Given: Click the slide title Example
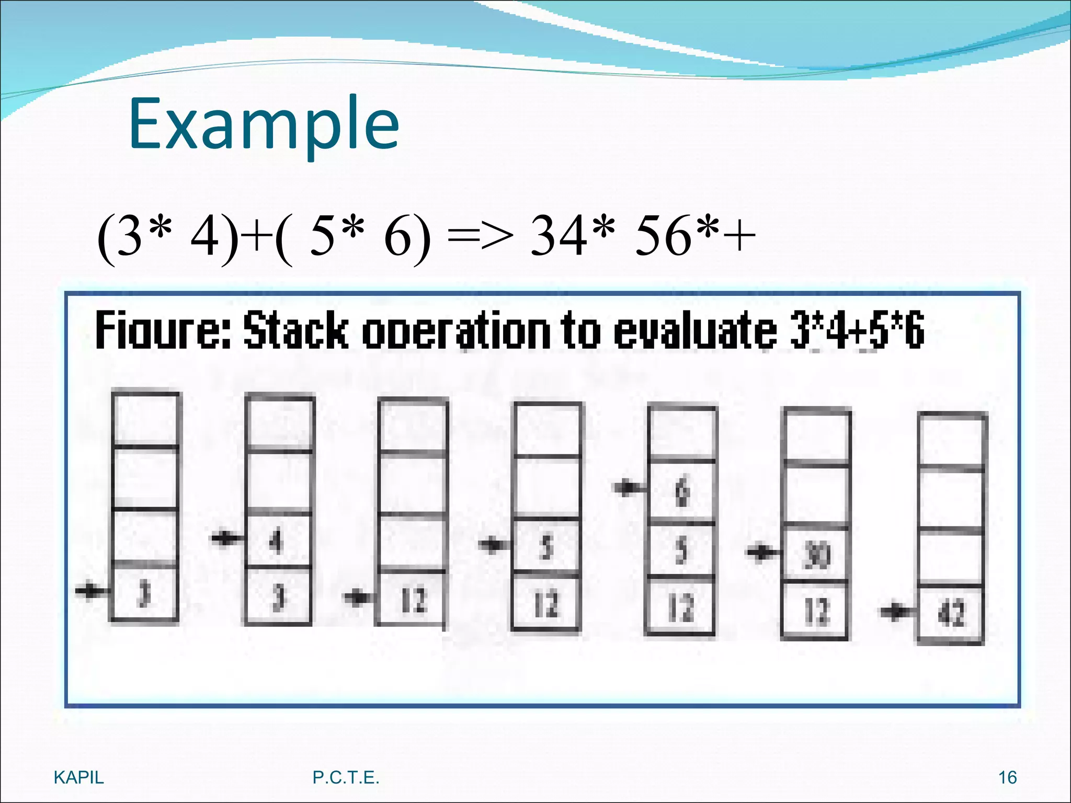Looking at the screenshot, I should [x=264, y=124].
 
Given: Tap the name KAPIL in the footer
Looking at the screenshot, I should [x=79, y=777].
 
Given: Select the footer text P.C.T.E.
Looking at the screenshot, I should [x=346, y=777].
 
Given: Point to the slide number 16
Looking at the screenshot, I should [x=1007, y=777].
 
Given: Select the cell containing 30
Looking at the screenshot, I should [x=816, y=554].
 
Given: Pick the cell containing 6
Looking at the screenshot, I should [x=682, y=492].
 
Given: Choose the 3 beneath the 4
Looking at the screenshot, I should [x=278, y=596].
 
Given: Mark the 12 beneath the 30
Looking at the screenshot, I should [x=816, y=611].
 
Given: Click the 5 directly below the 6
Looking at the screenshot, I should [x=681, y=550].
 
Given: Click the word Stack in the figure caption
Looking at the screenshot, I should [x=295, y=330].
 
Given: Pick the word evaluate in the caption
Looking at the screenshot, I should [x=696, y=330].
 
